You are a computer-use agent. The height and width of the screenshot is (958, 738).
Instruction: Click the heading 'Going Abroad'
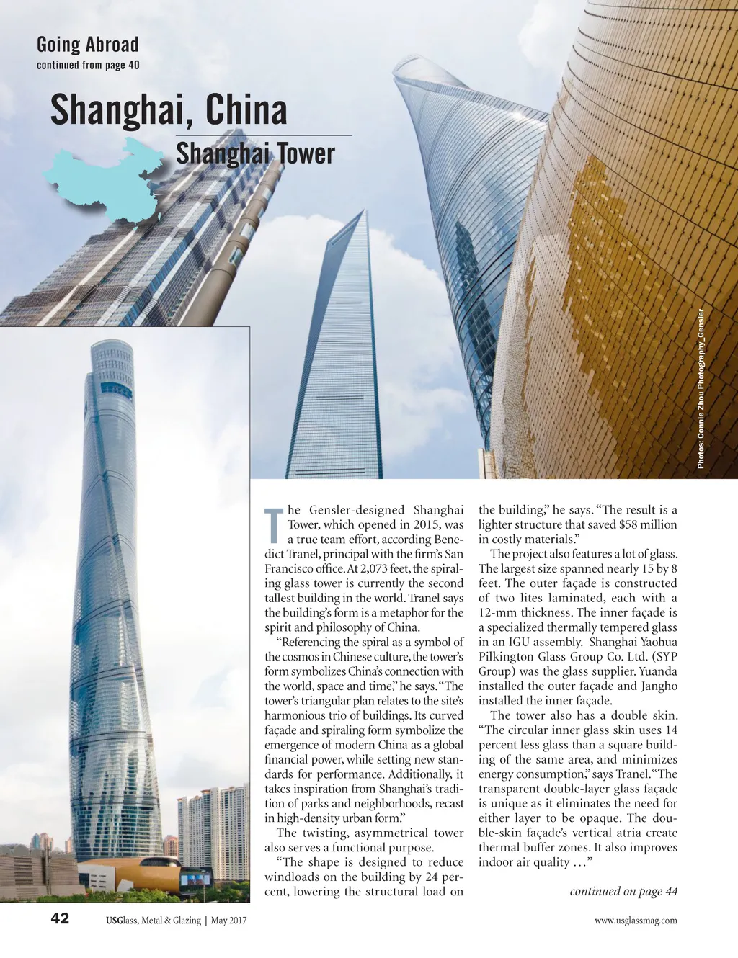(x=87, y=45)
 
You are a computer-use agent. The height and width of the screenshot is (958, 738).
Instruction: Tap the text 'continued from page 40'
(x=87, y=65)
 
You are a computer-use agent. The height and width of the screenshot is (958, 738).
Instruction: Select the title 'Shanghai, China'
(x=169, y=110)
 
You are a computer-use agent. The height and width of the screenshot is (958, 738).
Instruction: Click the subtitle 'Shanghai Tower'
(x=255, y=153)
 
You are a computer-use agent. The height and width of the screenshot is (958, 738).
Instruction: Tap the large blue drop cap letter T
(x=274, y=525)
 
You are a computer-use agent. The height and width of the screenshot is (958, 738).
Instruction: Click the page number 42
(x=60, y=918)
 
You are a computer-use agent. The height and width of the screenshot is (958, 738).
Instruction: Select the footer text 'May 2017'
(x=229, y=921)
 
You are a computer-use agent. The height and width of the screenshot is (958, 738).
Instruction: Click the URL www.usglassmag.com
(x=636, y=921)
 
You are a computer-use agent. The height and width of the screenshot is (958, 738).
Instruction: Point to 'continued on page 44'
(x=623, y=892)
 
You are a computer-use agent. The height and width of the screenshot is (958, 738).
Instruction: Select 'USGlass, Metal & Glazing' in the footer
(x=153, y=921)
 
